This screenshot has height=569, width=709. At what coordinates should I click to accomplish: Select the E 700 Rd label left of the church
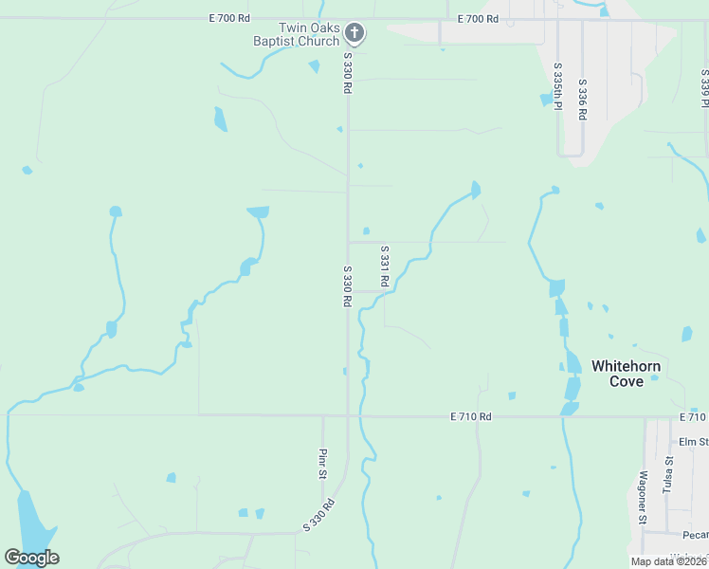pos(230,18)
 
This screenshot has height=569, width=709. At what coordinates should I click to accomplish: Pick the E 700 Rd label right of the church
pos(477,18)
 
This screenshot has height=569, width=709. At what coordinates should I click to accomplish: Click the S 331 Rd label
pos(385,268)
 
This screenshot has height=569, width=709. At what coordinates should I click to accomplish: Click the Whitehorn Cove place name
pos(626,373)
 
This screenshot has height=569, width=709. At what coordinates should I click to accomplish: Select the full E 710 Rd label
pos(471,416)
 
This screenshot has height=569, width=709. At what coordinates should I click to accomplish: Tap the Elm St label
pos(693,442)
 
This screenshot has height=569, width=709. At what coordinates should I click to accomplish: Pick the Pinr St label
pos(322,463)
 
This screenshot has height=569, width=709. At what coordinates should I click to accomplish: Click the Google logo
pos(32,557)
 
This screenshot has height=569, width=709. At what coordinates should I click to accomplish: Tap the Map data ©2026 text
pos(669,561)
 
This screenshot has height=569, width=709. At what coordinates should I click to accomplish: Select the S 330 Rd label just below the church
pos(348,73)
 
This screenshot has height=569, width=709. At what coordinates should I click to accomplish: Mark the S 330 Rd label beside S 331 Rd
pos(348,285)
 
